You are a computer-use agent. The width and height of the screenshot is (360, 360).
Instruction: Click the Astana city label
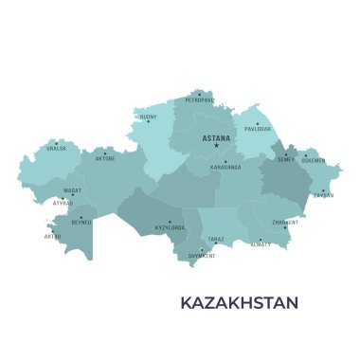216,138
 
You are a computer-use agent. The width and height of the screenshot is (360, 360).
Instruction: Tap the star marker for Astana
216,145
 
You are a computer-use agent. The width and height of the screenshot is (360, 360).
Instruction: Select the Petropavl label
200,99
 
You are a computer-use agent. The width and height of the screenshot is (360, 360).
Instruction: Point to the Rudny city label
149,118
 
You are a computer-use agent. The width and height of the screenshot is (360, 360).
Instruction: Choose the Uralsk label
56,148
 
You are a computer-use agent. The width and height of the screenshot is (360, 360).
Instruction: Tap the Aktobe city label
104,158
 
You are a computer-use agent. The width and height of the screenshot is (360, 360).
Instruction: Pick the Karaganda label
226,168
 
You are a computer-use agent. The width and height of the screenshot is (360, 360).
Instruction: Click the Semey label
286,159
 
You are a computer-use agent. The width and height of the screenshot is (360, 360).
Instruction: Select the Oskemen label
314,160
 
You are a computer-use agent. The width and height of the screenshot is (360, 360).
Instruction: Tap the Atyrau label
63,203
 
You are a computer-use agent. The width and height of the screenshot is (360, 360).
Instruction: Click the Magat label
73,190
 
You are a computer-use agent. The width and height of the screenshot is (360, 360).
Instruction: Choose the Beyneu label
81,223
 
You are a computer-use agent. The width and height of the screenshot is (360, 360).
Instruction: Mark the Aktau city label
52,237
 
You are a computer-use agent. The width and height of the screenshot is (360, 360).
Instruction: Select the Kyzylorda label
170,227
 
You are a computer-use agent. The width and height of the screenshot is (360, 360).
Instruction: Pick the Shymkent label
202,256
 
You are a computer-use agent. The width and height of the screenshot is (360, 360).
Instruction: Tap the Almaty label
261,244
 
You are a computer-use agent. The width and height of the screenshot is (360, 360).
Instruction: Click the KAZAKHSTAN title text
239,303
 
